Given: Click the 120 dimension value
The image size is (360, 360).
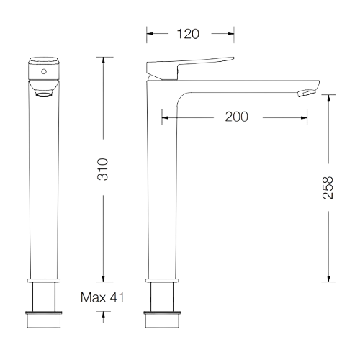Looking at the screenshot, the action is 188,34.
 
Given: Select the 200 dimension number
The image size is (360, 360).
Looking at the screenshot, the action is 236,117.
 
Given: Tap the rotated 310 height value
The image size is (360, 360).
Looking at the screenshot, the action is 103,169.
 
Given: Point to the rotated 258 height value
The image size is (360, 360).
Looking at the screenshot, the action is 328,188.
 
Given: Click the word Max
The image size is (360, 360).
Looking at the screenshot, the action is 93,297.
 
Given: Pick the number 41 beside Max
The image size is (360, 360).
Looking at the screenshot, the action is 117,297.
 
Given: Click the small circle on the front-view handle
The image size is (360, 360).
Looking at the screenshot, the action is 44,71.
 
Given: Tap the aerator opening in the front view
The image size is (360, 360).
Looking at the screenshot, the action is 44,95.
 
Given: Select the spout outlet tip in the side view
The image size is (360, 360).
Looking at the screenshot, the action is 306,93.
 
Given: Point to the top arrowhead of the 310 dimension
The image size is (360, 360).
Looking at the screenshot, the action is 104,60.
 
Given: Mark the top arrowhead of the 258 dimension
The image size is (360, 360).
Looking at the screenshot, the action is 328,98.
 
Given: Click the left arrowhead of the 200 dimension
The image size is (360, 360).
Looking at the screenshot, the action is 165,117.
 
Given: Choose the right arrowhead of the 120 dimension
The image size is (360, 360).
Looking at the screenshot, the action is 230,34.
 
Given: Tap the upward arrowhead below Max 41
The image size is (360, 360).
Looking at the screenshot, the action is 104,315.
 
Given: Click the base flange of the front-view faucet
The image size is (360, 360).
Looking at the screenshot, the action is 44,281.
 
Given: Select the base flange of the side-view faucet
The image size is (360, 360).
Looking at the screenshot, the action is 162,281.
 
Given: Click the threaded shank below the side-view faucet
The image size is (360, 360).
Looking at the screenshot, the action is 162,297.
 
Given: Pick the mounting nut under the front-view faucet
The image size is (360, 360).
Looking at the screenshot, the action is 44,320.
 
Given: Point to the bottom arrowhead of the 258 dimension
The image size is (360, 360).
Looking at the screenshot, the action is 328,279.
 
